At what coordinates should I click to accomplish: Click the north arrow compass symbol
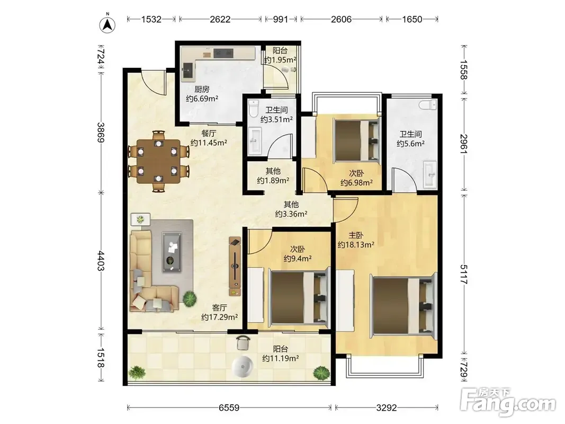(x=107, y=24)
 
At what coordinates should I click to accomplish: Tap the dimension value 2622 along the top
(x=220, y=19)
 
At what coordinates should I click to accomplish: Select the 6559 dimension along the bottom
(x=229, y=408)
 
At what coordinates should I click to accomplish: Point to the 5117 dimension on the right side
(x=464, y=275)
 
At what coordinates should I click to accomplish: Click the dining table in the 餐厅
(x=158, y=161)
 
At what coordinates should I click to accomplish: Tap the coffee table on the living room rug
(x=172, y=252)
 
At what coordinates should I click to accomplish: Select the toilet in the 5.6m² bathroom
(x=428, y=105)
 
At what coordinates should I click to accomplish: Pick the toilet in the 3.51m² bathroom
(x=254, y=108)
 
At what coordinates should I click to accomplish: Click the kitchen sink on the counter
(x=188, y=70)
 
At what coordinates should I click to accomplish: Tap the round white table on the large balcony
(x=243, y=367)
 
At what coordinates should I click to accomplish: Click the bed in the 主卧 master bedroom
(x=403, y=305)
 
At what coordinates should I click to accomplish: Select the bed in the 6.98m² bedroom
(x=357, y=139)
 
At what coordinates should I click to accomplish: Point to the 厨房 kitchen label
(x=202, y=89)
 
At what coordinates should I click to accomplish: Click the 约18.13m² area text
(x=356, y=245)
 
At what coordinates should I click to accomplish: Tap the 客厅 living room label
(x=219, y=307)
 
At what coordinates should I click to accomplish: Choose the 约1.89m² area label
(x=273, y=180)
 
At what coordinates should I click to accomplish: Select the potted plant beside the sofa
(x=190, y=298)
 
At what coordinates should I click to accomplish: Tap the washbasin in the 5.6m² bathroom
(x=430, y=174)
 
